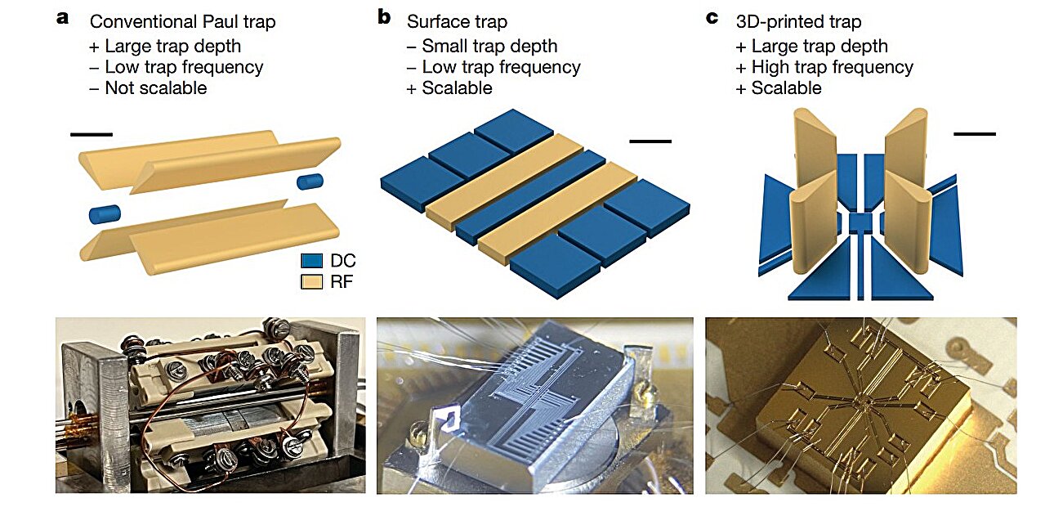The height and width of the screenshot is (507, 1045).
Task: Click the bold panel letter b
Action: [384, 17]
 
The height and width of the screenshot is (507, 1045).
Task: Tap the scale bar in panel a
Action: [91, 133]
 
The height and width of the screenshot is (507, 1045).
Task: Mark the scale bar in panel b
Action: [650, 141]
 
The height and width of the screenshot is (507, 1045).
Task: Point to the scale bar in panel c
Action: [975, 132]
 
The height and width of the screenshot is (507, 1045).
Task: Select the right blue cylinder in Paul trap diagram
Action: [310, 181]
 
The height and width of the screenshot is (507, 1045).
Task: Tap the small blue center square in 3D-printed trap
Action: [860, 222]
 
